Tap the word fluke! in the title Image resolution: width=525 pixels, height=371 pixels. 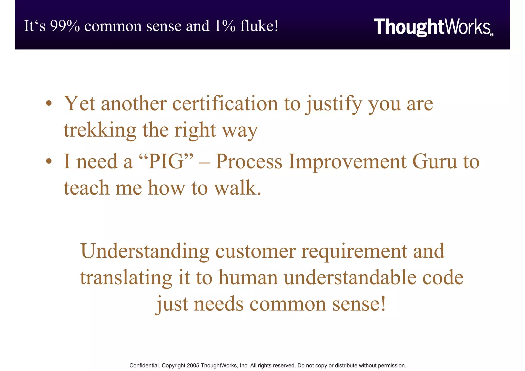pos(259,26)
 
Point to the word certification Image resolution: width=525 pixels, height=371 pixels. pos(225,104)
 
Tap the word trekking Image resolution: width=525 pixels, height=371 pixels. pos(100,130)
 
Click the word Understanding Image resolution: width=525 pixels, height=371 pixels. pos(145,251)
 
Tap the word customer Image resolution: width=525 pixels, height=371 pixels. pos(255,251)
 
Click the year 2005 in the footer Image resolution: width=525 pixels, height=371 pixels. pos(193,366)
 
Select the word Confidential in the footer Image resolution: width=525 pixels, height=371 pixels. pos(144,366)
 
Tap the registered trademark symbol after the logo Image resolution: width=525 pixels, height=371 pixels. pos(491,35)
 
